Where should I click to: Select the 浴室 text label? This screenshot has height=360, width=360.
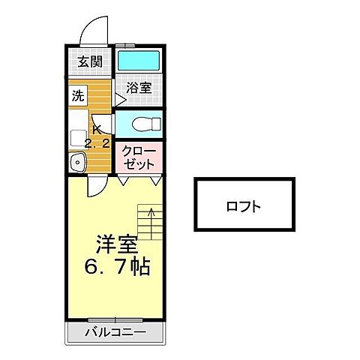139,88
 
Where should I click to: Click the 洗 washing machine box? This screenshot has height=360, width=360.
78,95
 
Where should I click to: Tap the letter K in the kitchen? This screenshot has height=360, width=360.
96,127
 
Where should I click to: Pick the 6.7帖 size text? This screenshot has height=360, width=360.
117,265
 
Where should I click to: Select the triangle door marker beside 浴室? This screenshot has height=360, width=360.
118,97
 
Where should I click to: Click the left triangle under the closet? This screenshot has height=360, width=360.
122,180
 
